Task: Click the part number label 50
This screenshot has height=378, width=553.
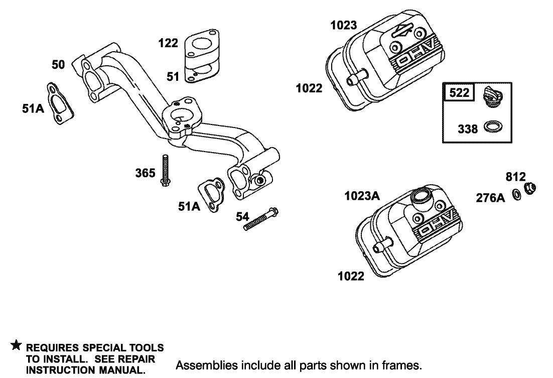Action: tap(58, 65)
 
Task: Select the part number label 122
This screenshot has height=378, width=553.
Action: tap(168, 43)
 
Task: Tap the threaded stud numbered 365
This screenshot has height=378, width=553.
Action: tap(165, 170)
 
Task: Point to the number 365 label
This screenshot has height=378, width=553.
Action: tap(145, 173)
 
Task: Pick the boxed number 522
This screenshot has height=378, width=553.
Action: tap(459, 92)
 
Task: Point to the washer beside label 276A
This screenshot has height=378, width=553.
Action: tap(516, 193)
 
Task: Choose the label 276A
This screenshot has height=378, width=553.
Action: tap(490, 198)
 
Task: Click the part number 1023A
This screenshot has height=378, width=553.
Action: tap(362, 196)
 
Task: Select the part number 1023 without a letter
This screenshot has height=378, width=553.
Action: tap(344, 25)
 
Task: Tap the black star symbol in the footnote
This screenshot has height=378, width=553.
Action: tap(16, 346)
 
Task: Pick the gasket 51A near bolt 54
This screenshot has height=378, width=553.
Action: tap(211, 195)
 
